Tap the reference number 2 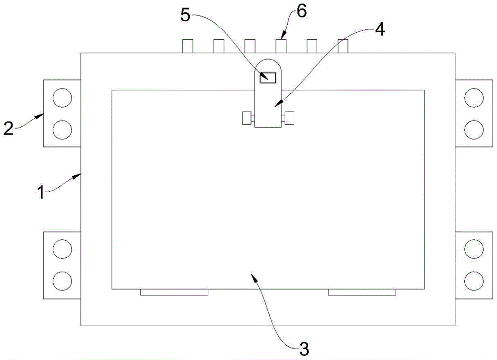[8, 128]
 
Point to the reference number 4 [379, 30]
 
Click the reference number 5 [185, 15]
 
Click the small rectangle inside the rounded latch [268, 77]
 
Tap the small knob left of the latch [247, 118]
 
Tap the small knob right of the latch [289, 118]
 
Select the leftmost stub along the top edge [188, 46]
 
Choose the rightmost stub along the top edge [343, 46]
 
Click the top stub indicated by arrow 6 [281, 46]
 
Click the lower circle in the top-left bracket [62, 130]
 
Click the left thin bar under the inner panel [174, 292]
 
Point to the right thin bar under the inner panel [362, 292]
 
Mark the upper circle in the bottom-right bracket [473, 248]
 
